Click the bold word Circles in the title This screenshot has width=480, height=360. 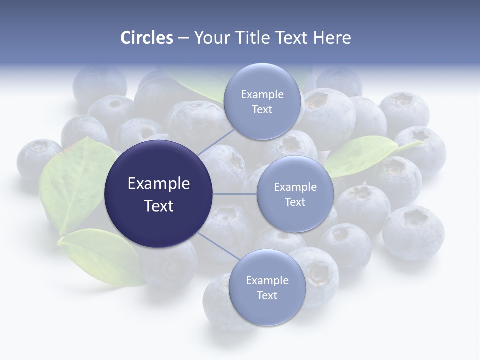coord(146,38)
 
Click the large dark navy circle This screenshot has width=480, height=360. coord(159,194)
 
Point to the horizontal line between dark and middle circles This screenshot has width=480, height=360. coord(235,194)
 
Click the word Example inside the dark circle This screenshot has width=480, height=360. coord(159,184)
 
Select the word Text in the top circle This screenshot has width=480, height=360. coord(262,110)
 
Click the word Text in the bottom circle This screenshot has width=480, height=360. coord(267,295)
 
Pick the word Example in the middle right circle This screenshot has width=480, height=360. coord(295,187)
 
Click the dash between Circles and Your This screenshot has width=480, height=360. coord(183,38)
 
